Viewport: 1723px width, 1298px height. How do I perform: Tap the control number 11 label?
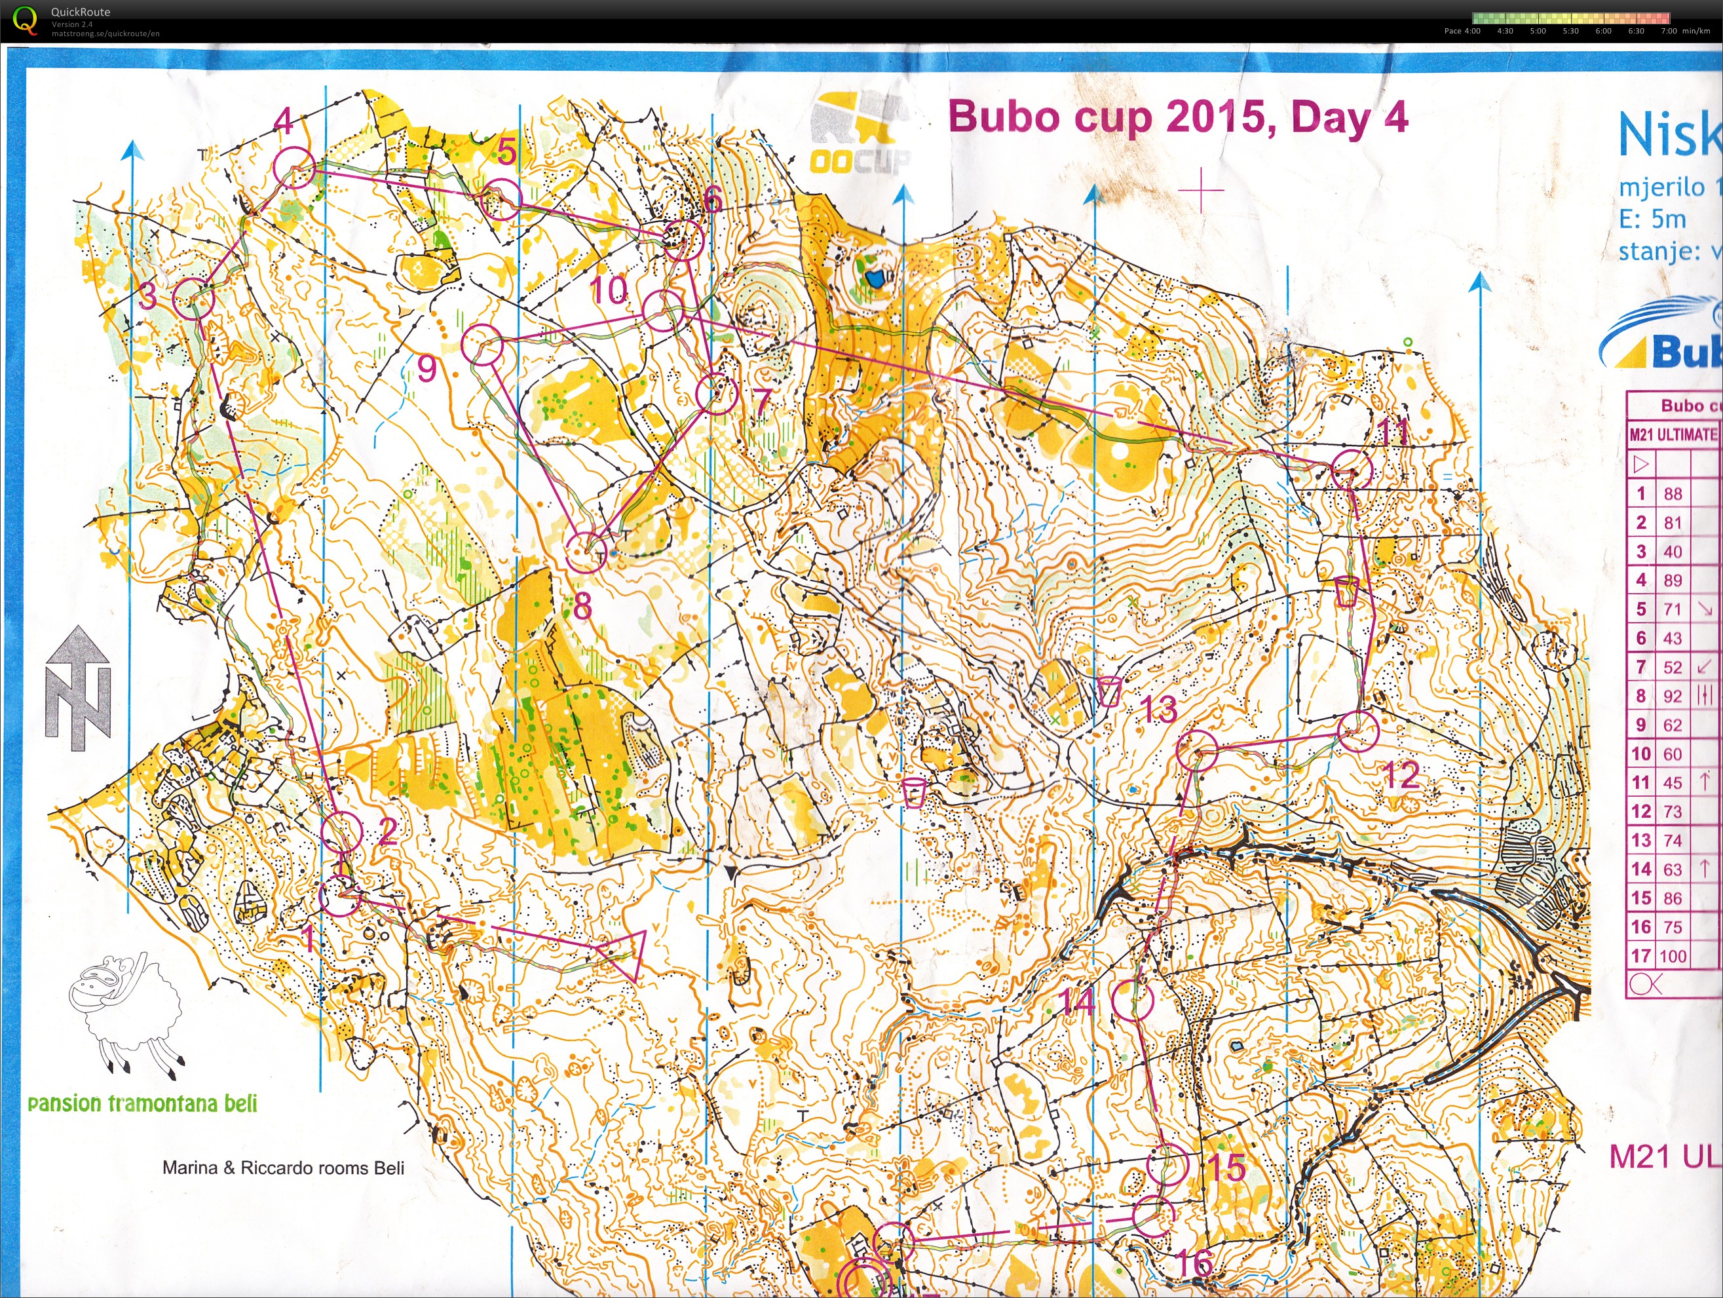[x=1393, y=432]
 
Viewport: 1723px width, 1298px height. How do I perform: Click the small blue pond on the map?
[x=874, y=277]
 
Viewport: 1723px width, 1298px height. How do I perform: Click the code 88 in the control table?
[x=1673, y=494]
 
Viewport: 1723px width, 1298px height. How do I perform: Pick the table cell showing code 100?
[x=1673, y=956]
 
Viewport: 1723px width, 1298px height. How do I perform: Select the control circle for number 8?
[x=585, y=552]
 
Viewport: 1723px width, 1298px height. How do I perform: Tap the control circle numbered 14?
[x=1132, y=1001]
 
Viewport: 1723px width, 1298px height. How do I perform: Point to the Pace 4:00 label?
[x=1462, y=31]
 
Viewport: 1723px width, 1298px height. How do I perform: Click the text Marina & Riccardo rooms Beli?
[x=283, y=1167]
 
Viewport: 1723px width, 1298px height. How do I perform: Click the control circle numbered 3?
[x=193, y=297]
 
